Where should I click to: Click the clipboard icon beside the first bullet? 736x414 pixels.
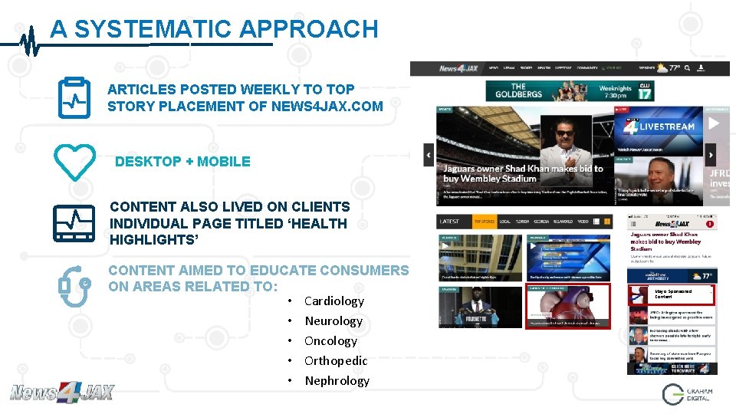point(74,97)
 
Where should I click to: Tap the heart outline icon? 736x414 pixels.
point(74,161)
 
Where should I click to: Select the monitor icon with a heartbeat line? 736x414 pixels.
point(74,223)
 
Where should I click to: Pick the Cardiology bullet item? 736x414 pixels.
point(333,301)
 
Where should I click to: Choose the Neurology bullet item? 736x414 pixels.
point(333,321)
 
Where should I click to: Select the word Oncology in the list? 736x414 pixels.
point(330,341)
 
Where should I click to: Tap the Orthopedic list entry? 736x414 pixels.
point(336,361)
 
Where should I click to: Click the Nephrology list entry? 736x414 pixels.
point(337,381)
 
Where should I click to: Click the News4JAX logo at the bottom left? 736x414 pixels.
point(61,393)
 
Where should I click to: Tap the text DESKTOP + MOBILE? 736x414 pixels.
point(182,162)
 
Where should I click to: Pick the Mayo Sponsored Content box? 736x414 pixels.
point(672,294)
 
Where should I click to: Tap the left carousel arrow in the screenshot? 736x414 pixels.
point(429,154)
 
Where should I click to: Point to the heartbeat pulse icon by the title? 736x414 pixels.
point(29,40)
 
